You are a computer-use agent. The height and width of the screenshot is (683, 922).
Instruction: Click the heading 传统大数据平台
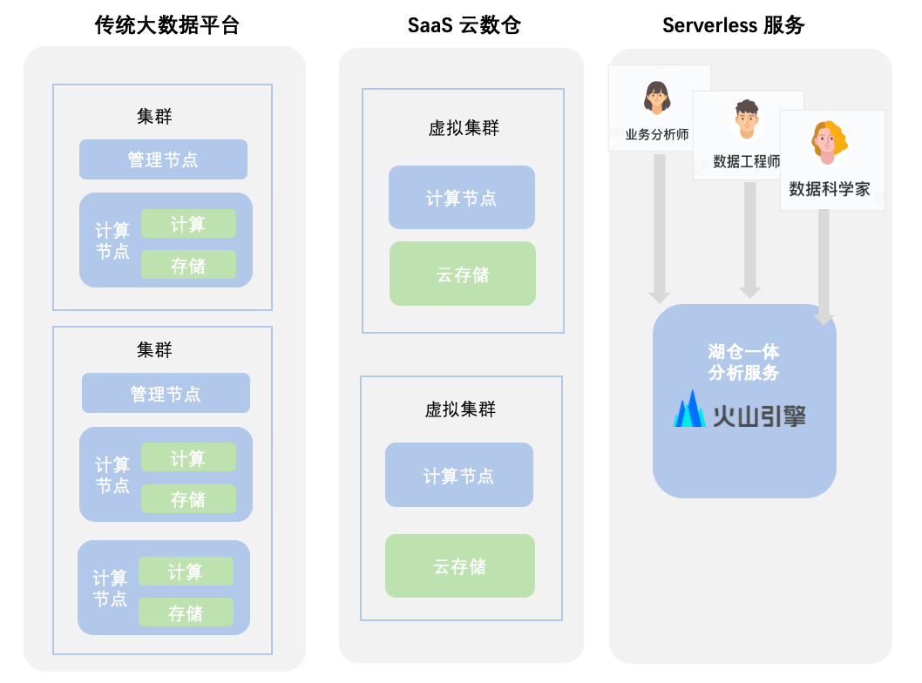[x=166, y=25]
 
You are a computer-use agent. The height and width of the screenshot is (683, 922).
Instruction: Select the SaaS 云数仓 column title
[x=464, y=25]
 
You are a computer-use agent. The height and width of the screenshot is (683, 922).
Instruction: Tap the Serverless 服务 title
[x=733, y=25]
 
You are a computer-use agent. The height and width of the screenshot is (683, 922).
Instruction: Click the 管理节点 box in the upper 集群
[x=163, y=159]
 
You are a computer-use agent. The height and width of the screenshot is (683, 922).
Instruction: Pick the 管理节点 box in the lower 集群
[x=166, y=393]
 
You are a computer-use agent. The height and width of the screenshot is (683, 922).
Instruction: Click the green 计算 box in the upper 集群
[x=188, y=224]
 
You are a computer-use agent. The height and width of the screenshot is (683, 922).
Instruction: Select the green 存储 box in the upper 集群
[x=188, y=265]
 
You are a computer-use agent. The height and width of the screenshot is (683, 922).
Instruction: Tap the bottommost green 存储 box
[x=186, y=612]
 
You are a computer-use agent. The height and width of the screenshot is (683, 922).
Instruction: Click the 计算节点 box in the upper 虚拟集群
[x=461, y=198]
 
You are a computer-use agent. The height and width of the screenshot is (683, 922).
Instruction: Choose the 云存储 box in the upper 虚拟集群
[x=462, y=274]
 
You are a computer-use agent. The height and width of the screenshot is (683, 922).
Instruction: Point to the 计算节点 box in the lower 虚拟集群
[x=458, y=475]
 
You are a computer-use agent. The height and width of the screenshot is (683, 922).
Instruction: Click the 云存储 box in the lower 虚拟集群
[x=459, y=565]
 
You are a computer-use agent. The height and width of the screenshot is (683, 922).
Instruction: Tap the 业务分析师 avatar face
[x=656, y=97]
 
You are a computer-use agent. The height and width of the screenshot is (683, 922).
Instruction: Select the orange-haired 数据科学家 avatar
[x=829, y=143]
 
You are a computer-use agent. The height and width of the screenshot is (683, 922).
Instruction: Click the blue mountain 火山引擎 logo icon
[x=690, y=409]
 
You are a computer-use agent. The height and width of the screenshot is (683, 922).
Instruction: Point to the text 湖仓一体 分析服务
[x=743, y=362]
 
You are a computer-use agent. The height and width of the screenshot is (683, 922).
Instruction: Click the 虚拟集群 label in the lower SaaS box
[x=460, y=409]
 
